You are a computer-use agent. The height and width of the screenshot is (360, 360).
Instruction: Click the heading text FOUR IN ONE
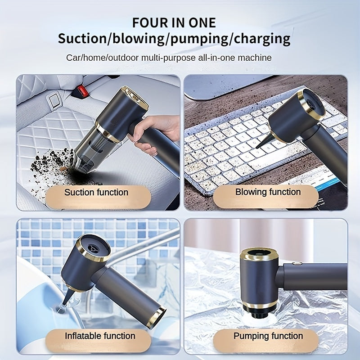174,22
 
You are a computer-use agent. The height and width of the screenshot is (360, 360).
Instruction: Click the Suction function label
96,193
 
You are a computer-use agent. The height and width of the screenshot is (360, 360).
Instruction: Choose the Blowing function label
268,192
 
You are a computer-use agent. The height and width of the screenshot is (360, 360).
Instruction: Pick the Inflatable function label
100,336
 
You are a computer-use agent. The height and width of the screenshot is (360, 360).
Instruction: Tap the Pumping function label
268,336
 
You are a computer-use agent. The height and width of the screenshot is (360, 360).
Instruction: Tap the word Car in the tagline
73,58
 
